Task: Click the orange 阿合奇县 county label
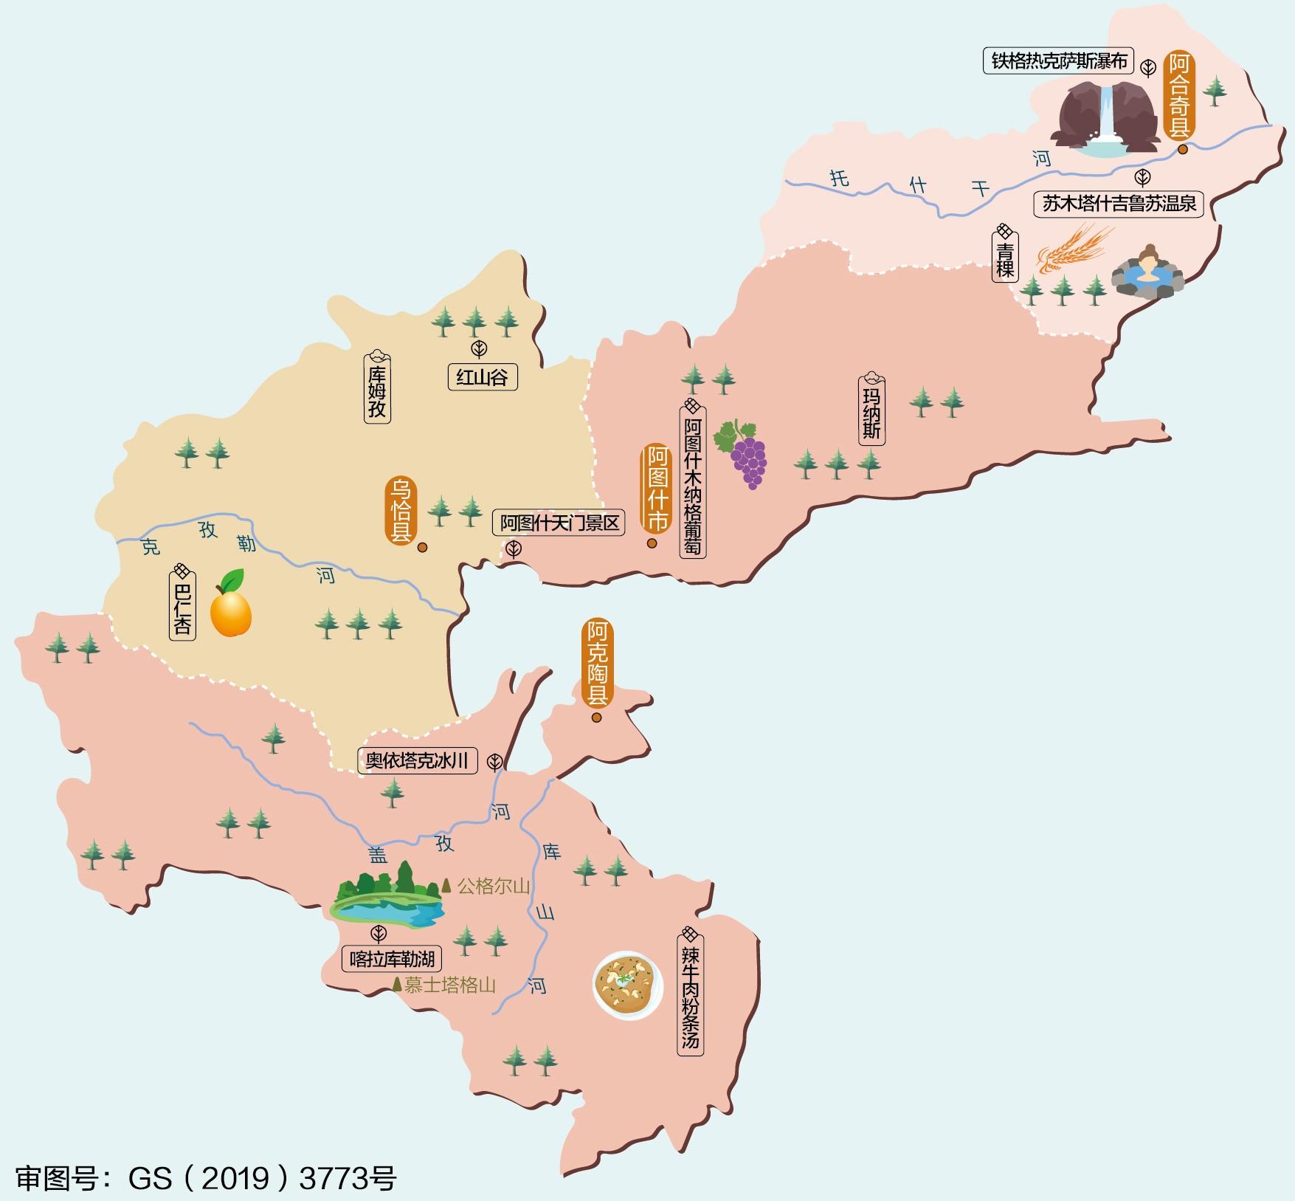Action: pyautogui.click(x=1179, y=95)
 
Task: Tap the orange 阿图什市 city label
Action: pyautogui.click(x=656, y=488)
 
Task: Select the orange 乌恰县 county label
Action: pyautogui.click(x=401, y=510)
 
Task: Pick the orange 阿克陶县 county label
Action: pyautogui.click(x=597, y=663)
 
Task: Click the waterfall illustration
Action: pyautogui.click(x=1105, y=119)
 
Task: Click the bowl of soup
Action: pyautogui.click(x=626, y=985)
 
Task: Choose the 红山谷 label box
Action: pyautogui.click(x=482, y=378)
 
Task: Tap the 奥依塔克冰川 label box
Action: pyautogui.click(x=418, y=760)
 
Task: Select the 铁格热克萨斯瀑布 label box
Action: pyautogui.click(x=1059, y=61)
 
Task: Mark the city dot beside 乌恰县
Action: pyautogui.click(x=422, y=548)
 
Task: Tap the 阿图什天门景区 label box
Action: pyautogui.click(x=559, y=523)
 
